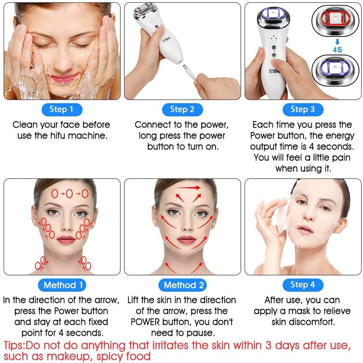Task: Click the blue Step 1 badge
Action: pyautogui.click(x=62, y=109)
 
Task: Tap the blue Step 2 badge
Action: pyautogui.click(x=182, y=109)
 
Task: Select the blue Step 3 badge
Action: pyautogui.click(x=303, y=109)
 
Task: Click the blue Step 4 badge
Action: pyautogui.click(x=303, y=285)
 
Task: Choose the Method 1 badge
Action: pyautogui.click(x=63, y=285)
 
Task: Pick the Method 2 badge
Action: pyautogui.click(x=184, y=285)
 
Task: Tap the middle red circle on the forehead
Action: pyautogui.click(x=69, y=194)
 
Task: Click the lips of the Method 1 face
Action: pyautogui.click(x=66, y=239)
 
